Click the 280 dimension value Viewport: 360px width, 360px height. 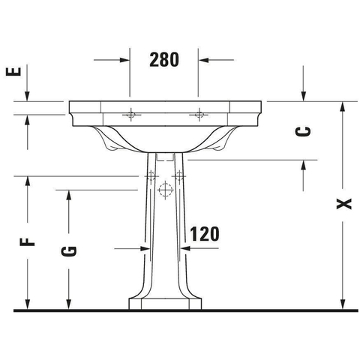(x=164, y=60)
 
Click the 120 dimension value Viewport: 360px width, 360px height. (x=205, y=234)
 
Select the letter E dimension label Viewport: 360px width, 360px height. (x=13, y=71)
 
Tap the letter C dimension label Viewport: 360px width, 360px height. (x=303, y=131)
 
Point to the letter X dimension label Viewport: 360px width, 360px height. (x=344, y=204)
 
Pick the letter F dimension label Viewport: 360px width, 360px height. (x=27, y=242)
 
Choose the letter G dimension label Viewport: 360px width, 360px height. (x=68, y=251)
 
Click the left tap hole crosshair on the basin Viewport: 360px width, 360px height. (x=130, y=115)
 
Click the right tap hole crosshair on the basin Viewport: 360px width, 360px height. (x=199, y=115)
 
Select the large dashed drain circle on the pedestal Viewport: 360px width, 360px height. (x=165, y=190)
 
